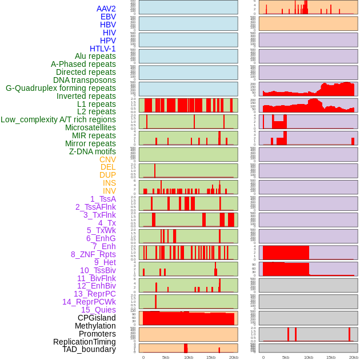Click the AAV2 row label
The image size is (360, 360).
[106, 9]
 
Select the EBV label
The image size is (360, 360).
[108, 17]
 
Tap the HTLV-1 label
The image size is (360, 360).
[103, 49]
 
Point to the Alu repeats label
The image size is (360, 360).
[95, 56]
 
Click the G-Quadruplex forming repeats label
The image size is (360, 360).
[61, 88]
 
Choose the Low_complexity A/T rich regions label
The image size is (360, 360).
[58, 119]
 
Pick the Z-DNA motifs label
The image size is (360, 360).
[93, 151]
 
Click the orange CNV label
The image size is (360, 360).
[107, 159]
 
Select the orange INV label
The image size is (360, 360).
[109, 191]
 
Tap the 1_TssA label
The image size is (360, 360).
[103, 199]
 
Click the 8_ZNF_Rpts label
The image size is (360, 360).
[93, 254]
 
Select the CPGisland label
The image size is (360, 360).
[97, 318]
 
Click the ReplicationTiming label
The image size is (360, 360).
[85, 342]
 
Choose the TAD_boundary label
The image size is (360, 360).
[89, 349]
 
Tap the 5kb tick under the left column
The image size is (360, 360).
[166, 357]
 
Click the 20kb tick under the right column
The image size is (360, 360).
[354, 357]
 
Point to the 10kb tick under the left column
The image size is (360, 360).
[188, 357]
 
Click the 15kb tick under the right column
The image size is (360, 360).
[331, 357]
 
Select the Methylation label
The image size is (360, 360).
[95, 326]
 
